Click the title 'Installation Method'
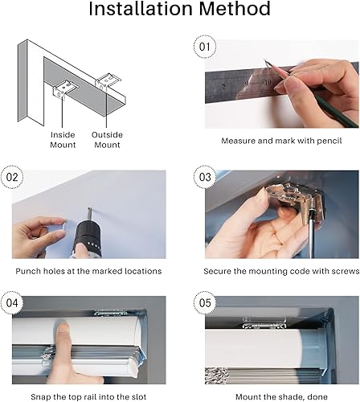click(179, 10)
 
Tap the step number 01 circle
click(205, 47)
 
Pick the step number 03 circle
click(205, 176)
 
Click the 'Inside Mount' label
click(63, 140)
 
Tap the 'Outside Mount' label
click(107, 140)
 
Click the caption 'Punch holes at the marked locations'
click(88, 271)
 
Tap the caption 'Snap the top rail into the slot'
click(88, 396)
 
